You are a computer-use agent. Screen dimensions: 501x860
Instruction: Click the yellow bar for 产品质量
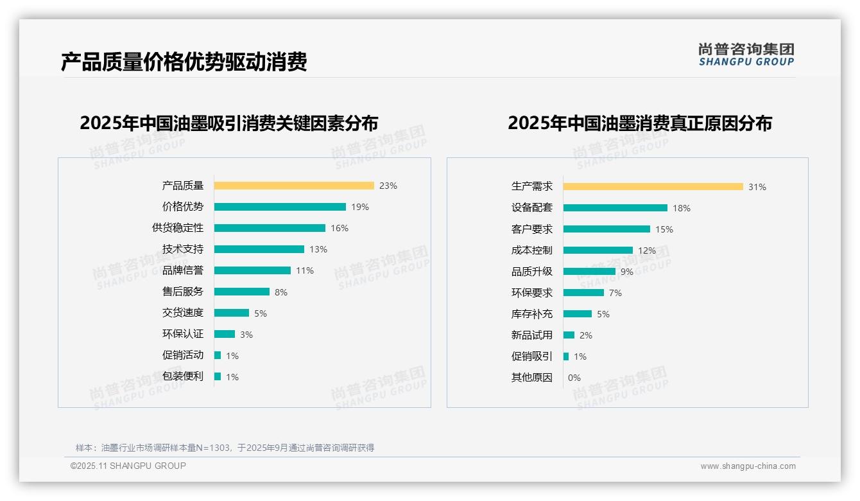point(294,186)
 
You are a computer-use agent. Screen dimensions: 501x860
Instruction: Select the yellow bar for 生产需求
point(653,187)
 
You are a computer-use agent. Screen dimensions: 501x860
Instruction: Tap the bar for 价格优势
point(280,207)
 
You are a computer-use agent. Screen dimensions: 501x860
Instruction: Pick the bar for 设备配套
point(615,208)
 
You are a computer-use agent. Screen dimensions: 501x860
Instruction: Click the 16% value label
point(340,228)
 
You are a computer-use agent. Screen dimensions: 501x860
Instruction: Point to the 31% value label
point(757,187)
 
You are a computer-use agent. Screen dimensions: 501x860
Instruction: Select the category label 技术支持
point(183,249)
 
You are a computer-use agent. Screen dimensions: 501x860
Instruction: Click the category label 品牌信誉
point(183,270)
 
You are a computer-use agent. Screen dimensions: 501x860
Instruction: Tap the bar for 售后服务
point(242,292)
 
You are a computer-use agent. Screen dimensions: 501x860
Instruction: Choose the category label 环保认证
point(183,334)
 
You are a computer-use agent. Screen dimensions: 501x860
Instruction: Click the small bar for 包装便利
point(218,376)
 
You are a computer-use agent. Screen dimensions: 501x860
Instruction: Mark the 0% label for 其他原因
point(574,378)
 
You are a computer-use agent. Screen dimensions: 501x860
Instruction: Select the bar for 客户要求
point(606,229)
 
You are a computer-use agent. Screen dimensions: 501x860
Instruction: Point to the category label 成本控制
point(532,251)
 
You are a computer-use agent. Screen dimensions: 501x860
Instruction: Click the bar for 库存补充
point(578,314)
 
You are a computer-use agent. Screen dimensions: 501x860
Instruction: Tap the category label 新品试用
point(532,335)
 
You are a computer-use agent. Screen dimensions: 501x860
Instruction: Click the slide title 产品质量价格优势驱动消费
point(184,62)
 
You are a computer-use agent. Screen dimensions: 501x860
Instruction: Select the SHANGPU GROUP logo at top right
point(746,55)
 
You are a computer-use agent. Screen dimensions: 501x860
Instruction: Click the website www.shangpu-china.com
point(748,466)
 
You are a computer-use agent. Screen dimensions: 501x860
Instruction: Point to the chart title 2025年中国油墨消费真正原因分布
point(640,123)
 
